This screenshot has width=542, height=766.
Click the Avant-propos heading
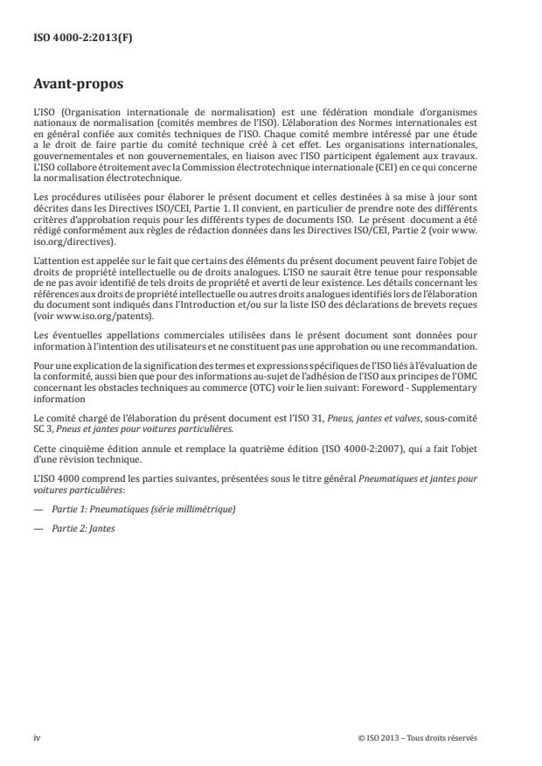coord(76,86)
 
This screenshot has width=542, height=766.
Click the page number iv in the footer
coord(38,736)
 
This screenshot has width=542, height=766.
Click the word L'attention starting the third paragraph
coord(54,237)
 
